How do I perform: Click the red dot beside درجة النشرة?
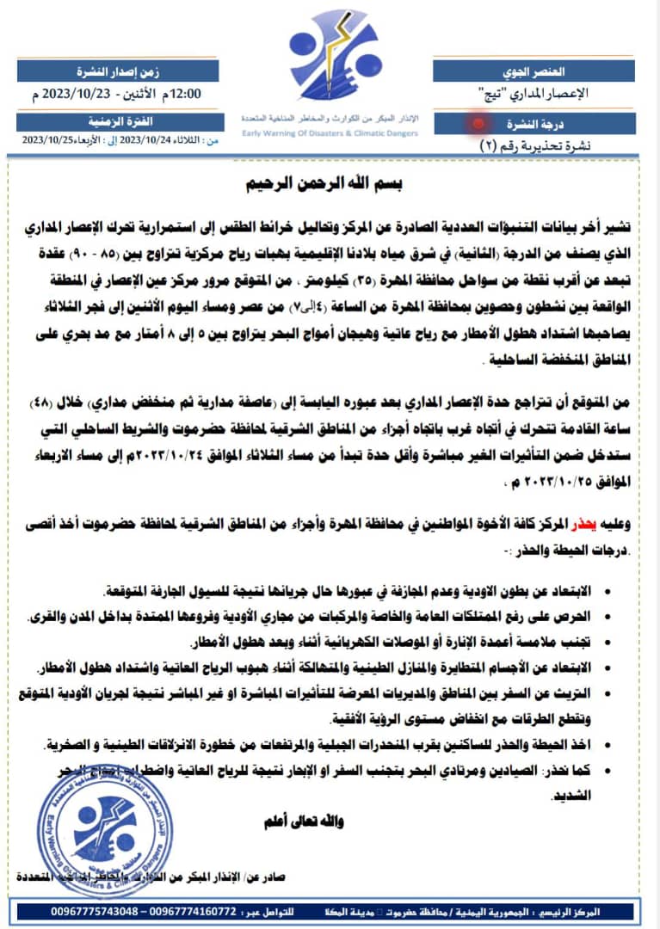click(x=478, y=123)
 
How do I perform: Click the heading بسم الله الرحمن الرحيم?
click(x=330, y=183)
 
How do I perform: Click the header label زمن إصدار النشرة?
click(x=121, y=71)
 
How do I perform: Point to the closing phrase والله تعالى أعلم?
click(x=303, y=821)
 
